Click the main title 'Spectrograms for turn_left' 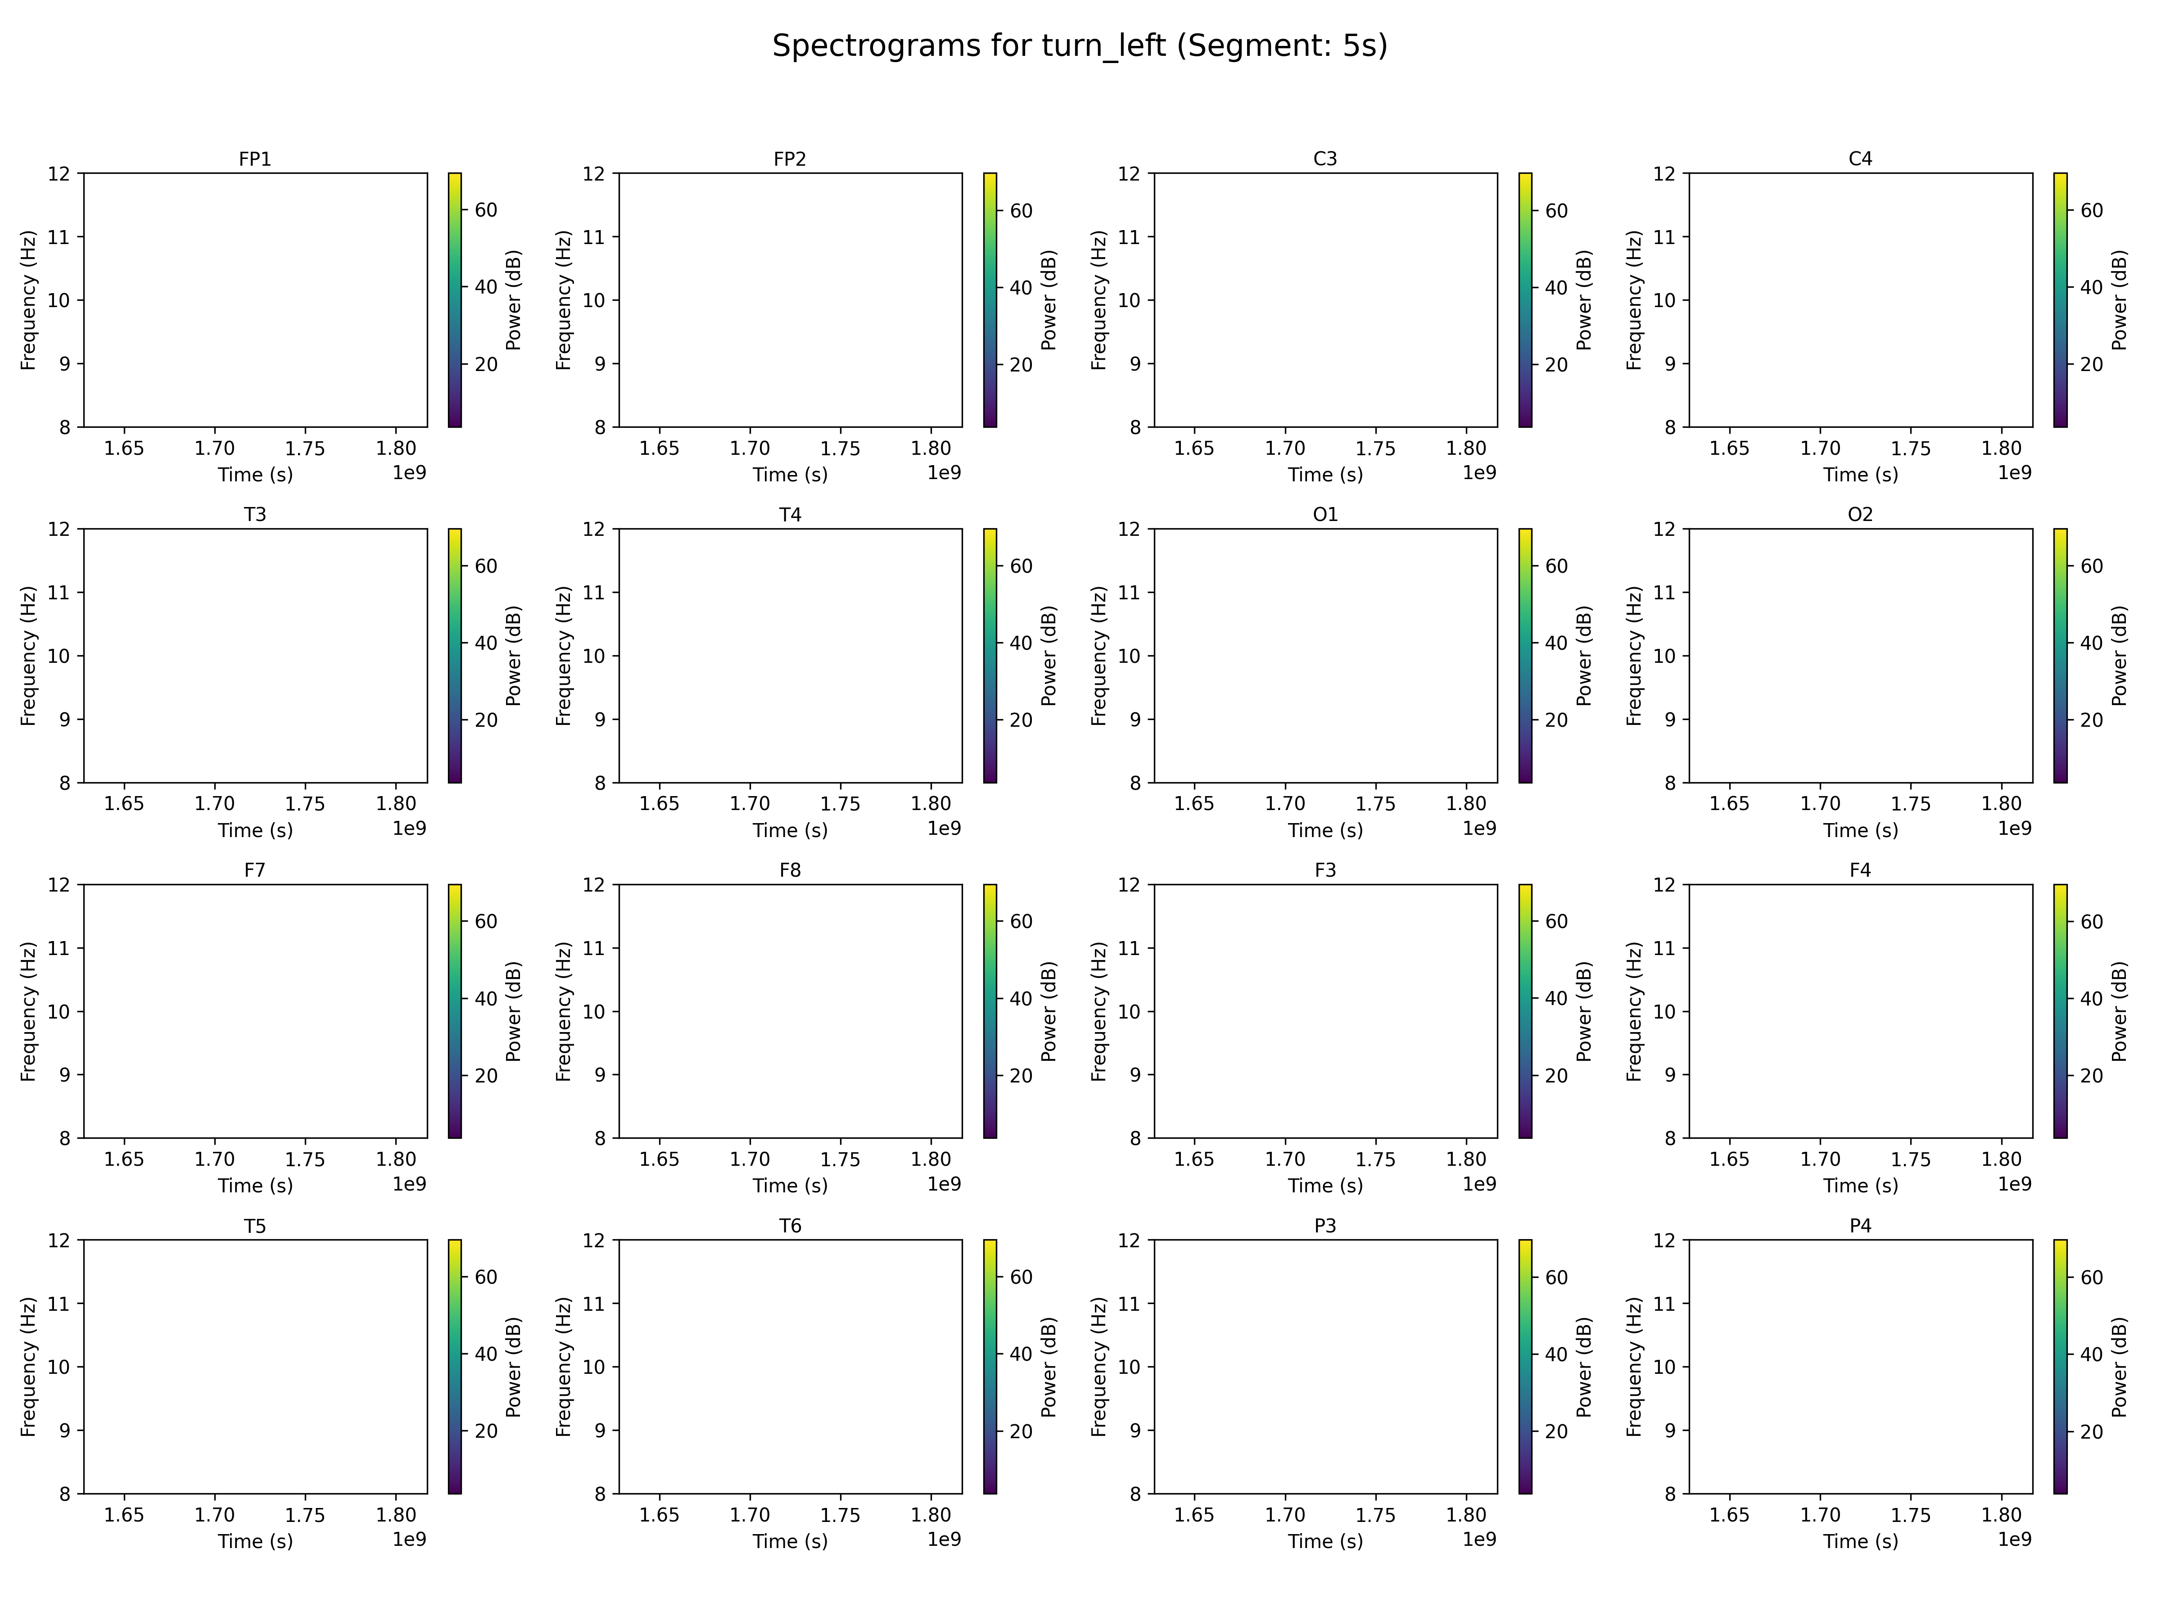tap(1080, 46)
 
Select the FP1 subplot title tap(255, 158)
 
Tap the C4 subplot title tap(1860, 158)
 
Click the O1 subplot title tap(1325, 514)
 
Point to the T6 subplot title tap(789, 1225)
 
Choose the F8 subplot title tap(789, 869)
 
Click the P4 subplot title tap(1860, 1225)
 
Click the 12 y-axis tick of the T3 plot tap(59, 530)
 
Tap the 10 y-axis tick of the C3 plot tap(1129, 300)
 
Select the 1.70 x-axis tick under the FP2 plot tap(749, 448)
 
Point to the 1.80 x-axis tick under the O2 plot tap(2001, 804)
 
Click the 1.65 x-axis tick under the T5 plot tap(124, 1516)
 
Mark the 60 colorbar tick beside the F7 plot tap(485, 921)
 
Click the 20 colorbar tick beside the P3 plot tap(1556, 1431)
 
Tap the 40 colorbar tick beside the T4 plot tap(1021, 643)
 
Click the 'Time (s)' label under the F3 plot tap(1325, 1185)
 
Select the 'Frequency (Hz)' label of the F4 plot tap(1634, 1011)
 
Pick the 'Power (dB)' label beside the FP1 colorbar tap(514, 300)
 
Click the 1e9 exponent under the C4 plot tap(2015, 473)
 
